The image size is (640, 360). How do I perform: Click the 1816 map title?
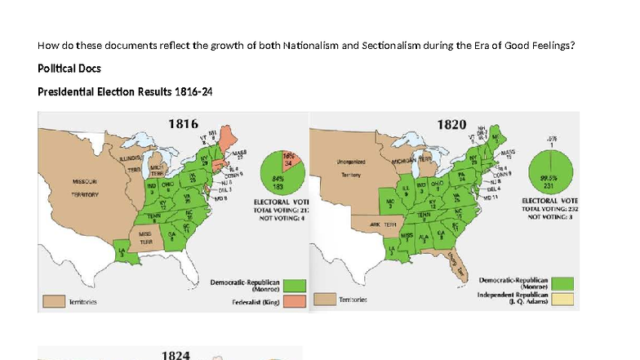point(184,124)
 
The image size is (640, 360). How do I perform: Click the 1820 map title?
point(452,124)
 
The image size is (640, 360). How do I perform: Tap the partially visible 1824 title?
point(176,354)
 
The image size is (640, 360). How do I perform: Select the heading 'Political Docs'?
point(69,69)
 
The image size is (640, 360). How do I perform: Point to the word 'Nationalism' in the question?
point(310,45)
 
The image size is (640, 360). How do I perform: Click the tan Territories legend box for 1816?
point(54,302)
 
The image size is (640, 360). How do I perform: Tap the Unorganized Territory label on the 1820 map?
point(353,168)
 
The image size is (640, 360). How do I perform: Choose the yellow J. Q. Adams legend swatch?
point(562,300)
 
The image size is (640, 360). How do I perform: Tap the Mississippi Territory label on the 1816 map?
point(146,238)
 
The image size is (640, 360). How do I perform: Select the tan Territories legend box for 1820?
point(324,300)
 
